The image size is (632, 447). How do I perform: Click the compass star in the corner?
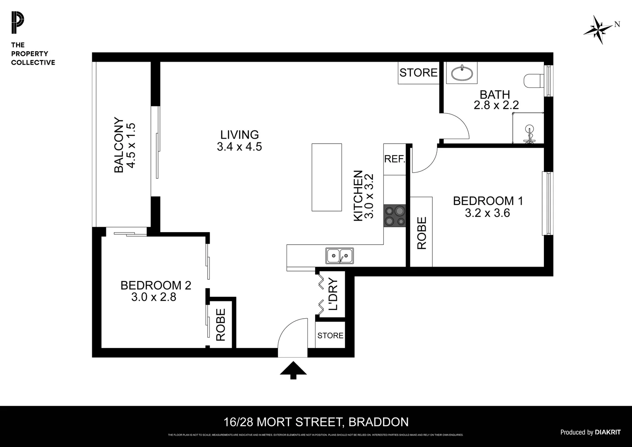tap(598, 30)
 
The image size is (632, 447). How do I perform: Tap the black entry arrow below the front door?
tap(293, 370)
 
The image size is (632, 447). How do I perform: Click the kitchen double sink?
tap(339, 256)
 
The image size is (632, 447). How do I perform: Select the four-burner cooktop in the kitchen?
tap(394, 216)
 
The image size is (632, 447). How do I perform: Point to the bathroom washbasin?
tap(462, 73)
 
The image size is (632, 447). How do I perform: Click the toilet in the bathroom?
tap(533, 81)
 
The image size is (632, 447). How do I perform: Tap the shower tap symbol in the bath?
tap(529, 135)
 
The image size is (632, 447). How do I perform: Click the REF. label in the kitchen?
tap(395, 159)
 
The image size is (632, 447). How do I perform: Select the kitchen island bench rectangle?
tap(326, 178)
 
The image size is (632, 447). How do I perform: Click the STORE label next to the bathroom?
tap(418, 73)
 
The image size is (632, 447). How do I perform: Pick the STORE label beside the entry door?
tap(330, 335)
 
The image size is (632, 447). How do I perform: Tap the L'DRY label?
tap(333, 295)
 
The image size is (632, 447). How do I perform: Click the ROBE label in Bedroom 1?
tap(421, 233)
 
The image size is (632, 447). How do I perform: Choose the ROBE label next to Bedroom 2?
tap(221, 324)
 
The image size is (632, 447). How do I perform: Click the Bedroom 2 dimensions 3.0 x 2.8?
tap(154, 297)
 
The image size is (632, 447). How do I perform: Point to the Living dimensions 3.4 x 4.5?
tap(239, 147)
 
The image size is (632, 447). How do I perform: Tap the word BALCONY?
tap(119, 145)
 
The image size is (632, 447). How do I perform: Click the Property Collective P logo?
tap(17, 23)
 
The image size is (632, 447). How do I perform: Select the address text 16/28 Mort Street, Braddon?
tap(316, 422)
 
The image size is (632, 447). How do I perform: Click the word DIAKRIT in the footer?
tap(608, 432)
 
